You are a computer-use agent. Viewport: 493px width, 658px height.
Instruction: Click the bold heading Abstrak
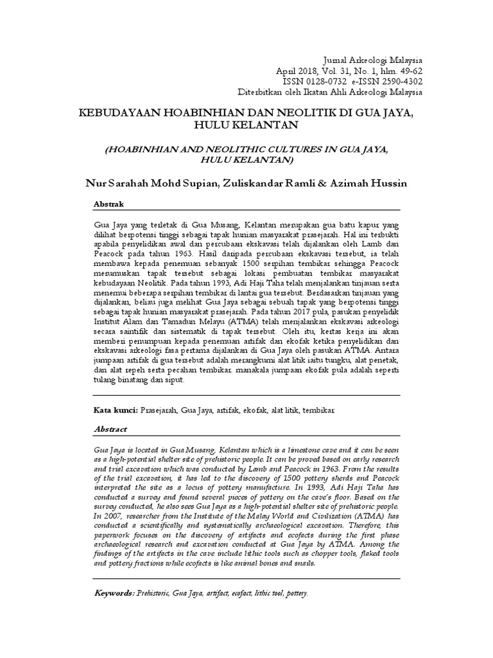109,203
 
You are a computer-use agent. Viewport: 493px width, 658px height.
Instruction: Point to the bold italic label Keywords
114,594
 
